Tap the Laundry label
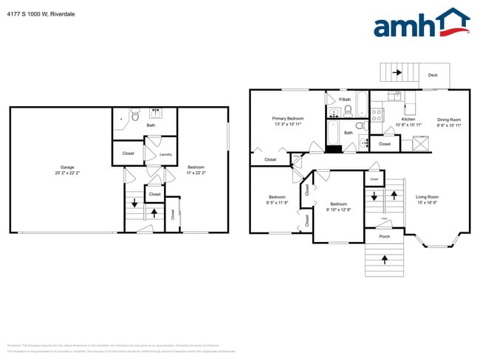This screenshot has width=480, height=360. (165, 154)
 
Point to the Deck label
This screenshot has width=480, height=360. (433, 75)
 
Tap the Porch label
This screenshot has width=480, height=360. (384, 236)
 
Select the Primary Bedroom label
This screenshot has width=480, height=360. (287, 118)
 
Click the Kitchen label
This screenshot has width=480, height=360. (408, 119)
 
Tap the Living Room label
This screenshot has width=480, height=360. (427, 196)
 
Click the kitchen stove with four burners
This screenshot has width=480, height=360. (377, 114)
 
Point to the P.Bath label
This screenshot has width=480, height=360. (344, 100)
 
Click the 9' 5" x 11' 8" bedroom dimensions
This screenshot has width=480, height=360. (277, 202)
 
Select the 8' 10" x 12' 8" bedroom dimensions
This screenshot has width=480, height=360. (338, 209)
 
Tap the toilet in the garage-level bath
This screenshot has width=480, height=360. (135, 117)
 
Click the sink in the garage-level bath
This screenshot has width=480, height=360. (157, 114)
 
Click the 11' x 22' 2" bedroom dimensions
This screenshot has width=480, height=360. (196, 172)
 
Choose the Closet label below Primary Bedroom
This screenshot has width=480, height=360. (270, 159)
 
